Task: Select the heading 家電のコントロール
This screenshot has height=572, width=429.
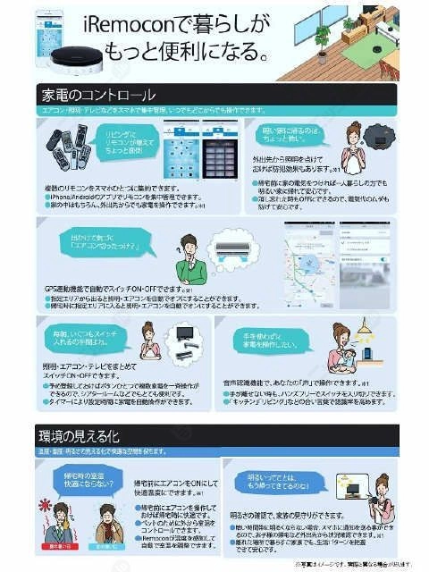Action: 98,94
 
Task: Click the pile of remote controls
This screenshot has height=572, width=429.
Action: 69,147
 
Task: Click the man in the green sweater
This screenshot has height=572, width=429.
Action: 189,260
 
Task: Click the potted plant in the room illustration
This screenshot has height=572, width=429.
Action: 322,38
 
